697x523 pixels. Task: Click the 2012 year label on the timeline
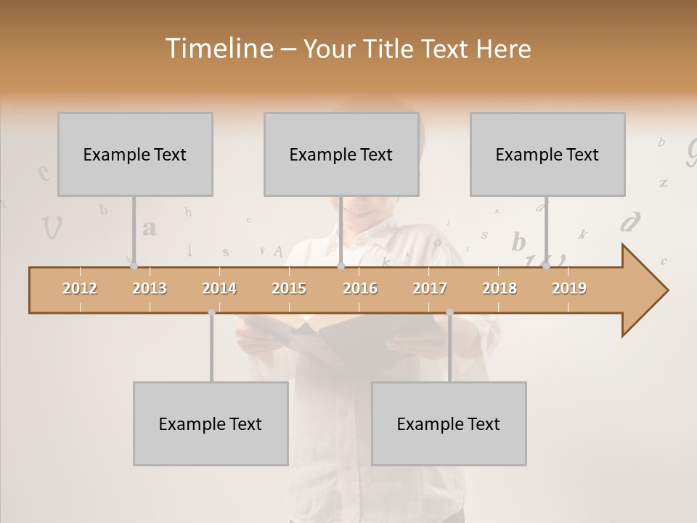[x=80, y=288]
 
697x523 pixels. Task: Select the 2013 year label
[x=150, y=288]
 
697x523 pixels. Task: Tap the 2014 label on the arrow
[x=219, y=288]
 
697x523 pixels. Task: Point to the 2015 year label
[x=289, y=288]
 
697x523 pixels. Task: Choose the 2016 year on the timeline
[x=360, y=288]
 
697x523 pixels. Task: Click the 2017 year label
[x=430, y=288]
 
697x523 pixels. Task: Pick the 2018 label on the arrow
[x=500, y=288]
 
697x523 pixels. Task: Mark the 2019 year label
[x=569, y=288]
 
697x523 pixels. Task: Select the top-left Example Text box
[x=135, y=154]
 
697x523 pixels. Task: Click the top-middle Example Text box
[x=341, y=154]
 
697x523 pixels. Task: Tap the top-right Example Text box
[x=547, y=154]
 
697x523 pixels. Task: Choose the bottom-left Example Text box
[x=211, y=423]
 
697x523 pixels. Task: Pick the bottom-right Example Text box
[x=449, y=423]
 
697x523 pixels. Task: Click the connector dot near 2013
[x=134, y=267]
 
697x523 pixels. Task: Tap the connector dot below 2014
[x=211, y=312]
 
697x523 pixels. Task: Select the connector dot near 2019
[x=546, y=267]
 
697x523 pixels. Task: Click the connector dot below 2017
[x=449, y=312]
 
